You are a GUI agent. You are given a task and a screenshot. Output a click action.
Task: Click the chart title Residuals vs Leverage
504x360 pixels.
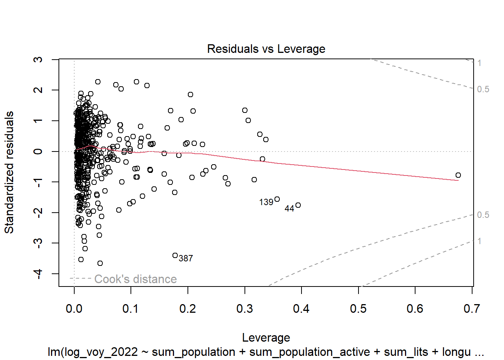266,49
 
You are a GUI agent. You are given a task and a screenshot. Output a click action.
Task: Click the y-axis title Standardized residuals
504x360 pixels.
9,172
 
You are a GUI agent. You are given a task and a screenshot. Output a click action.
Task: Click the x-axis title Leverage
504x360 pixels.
266,337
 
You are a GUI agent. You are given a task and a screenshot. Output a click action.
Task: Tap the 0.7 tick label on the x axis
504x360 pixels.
472,309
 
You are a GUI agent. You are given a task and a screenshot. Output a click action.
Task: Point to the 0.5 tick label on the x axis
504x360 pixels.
358,309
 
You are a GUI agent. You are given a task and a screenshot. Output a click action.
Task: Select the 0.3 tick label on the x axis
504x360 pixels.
244,309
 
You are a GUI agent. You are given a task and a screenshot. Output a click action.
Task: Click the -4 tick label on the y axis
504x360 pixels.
38,274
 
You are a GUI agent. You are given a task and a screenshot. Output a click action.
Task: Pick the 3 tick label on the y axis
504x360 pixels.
38,60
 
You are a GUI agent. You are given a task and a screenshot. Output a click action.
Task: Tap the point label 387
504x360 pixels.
186,258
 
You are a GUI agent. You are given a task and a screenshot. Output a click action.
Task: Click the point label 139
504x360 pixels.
266,202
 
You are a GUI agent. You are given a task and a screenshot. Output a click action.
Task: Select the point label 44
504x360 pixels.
289,208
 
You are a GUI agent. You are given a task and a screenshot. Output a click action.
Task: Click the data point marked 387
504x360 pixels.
175,255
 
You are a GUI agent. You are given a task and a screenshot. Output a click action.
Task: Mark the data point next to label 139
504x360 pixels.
277,199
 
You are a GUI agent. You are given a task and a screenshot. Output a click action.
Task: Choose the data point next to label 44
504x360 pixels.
298,205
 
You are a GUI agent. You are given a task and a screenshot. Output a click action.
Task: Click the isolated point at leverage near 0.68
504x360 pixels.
458,175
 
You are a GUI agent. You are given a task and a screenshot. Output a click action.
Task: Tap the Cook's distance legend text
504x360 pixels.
135,279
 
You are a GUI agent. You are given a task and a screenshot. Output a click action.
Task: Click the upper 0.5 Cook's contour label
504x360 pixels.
483,89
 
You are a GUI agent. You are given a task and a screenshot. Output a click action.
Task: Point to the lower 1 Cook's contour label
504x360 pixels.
479,241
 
